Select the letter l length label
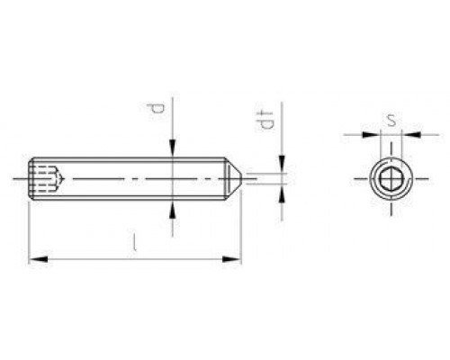[x=135, y=241]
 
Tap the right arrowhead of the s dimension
[x=407, y=136]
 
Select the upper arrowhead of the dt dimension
[x=282, y=166]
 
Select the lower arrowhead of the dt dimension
[x=282, y=190]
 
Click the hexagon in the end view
[x=390, y=181]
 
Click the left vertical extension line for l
[x=30, y=234]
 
